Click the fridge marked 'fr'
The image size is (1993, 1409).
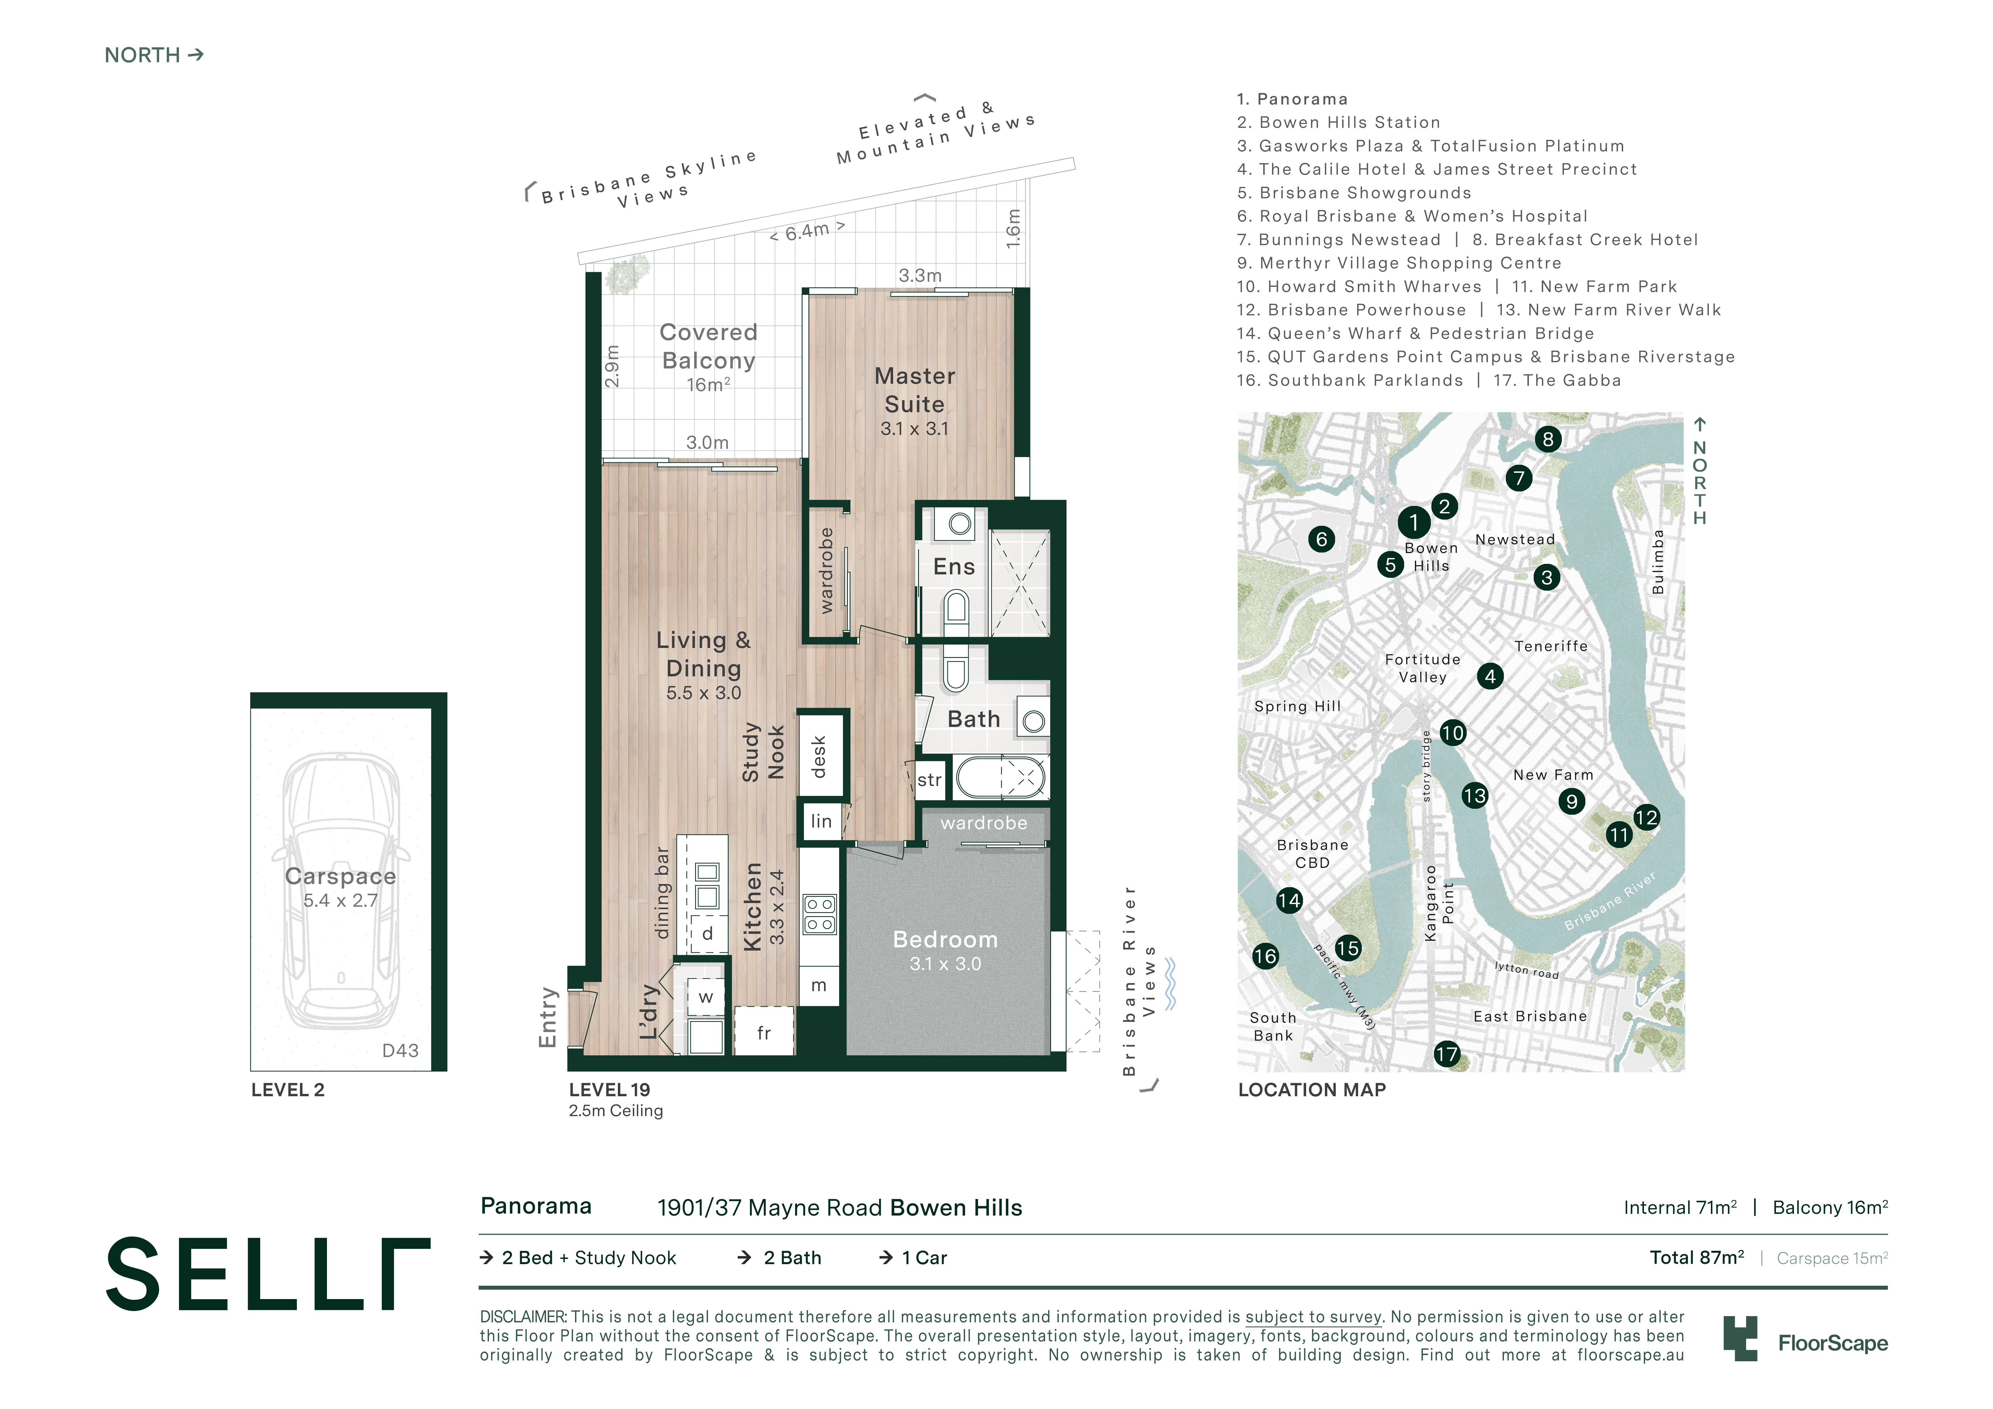click(x=764, y=1032)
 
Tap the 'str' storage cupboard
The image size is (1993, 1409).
click(x=929, y=779)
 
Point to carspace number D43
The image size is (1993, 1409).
click(x=400, y=1051)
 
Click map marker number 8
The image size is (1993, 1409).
click(x=1548, y=439)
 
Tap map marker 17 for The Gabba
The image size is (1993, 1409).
click(x=1446, y=1054)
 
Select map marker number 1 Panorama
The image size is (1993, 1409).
click(x=1413, y=522)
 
